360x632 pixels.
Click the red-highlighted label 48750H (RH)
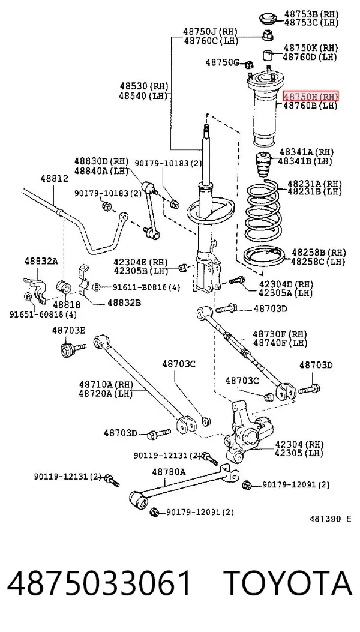tap(310, 97)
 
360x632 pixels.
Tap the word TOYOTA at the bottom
tap(288, 583)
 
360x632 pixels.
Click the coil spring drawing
tap(263, 212)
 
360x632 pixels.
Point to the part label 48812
tap(54, 178)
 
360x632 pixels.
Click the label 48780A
tap(169, 472)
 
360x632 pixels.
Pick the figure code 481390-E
tap(330, 519)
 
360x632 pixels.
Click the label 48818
tap(67, 305)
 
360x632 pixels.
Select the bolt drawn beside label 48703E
tap(73, 348)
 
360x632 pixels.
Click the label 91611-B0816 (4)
tap(140, 287)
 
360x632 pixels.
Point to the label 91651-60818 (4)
tap(43, 314)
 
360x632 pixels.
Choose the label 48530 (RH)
tap(143, 86)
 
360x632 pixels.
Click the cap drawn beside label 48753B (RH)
tap(267, 19)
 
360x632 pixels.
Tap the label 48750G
tap(222, 62)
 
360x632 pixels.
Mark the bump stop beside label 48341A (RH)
tap(263, 165)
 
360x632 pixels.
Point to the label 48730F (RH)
tap(280, 334)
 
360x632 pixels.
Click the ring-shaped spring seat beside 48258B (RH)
tap(265, 257)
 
